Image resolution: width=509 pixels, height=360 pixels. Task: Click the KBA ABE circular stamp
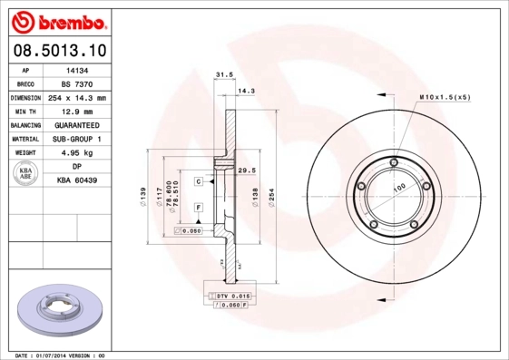[x=26, y=174]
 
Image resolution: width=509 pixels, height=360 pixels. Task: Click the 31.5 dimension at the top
[x=220, y=76]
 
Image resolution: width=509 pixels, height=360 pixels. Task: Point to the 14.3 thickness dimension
[x=245, y=91]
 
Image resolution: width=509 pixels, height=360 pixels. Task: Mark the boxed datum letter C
[x=198, y=181]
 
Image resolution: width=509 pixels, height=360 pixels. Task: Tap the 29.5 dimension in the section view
[x=243, y=170]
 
